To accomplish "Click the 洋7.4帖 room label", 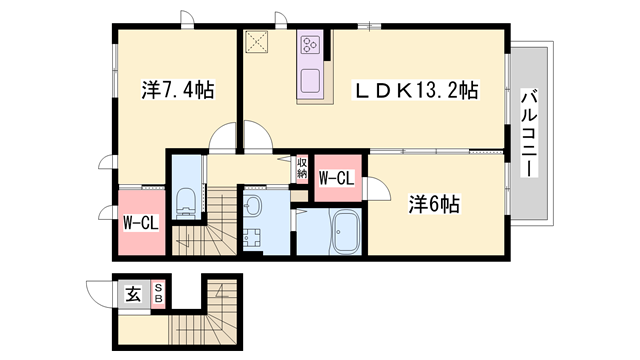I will point(176,90).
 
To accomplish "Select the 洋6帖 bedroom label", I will point(433,204).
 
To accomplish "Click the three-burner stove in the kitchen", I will point(309,46).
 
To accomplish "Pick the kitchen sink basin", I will point(309,79).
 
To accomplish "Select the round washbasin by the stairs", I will point(252,207).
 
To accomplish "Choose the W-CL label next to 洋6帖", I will point(336,179).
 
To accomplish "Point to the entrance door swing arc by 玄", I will point(100,292).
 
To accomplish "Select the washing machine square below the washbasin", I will point(252,239).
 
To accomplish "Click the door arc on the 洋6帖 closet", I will point(379,187).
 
